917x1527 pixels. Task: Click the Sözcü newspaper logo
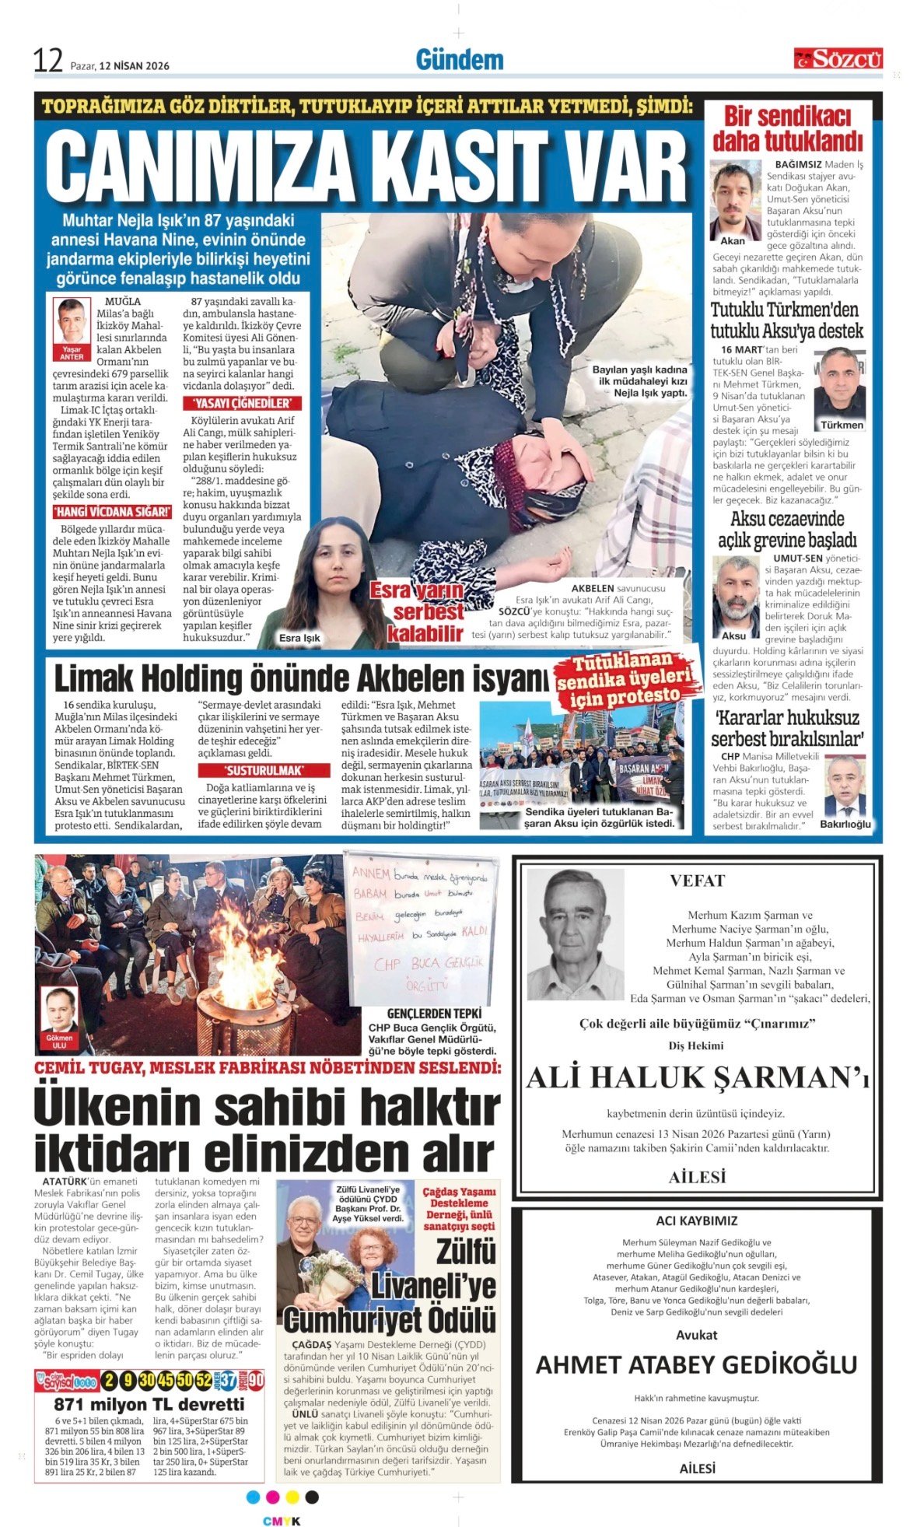pos(838,58)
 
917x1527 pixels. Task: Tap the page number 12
pos(47,61)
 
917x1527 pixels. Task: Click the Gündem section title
pos(459,60)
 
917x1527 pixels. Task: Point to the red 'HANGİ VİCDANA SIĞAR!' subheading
pos(112,512)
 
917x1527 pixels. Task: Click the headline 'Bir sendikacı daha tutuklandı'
pos(787,128)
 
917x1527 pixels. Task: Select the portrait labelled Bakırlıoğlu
pos(845,786)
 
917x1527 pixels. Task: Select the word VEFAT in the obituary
pos(697,881)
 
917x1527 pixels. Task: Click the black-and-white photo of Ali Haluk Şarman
pos(575,933)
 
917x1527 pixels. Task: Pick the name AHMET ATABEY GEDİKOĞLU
pos(696,1364)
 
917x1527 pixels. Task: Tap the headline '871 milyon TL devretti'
pos(149,1404)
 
